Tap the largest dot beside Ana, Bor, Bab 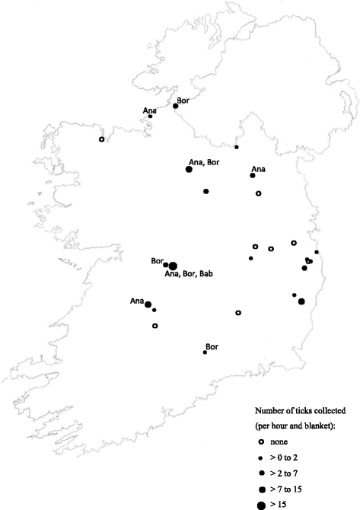(173, 266)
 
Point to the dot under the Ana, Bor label (188, 170)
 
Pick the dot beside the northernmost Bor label (176, 107)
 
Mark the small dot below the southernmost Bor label (205, 352)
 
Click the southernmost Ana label (137, 301)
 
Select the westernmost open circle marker (102, 139)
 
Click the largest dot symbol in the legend (260, 504)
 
